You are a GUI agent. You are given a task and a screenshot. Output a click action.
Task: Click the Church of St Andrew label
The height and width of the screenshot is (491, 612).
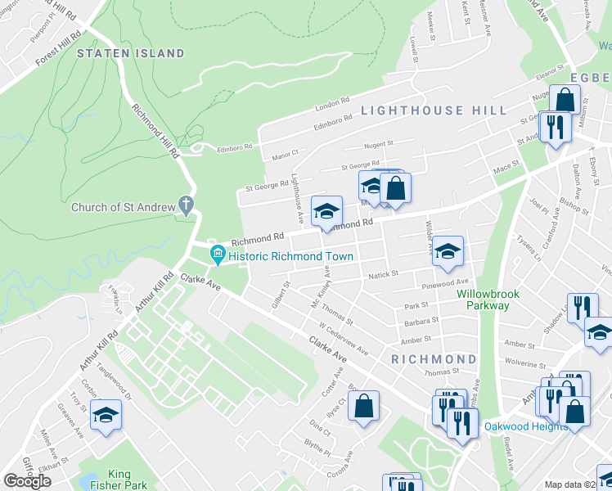click(123, 207)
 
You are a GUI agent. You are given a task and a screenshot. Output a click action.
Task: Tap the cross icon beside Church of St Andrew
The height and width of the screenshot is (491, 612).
click(187, 204)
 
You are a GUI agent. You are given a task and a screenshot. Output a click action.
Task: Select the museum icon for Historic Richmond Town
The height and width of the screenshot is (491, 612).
click(218, 255)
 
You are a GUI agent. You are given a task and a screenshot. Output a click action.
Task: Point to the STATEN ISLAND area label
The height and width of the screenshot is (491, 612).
click(131, 53)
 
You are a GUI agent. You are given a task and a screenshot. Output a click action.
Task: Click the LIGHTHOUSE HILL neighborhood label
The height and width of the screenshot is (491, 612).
click(434, 110)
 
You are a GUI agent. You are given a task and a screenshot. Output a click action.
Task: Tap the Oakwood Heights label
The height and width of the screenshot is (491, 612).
click(524, 426)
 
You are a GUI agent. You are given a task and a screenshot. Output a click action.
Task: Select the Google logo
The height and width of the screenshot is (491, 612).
click(27, 481)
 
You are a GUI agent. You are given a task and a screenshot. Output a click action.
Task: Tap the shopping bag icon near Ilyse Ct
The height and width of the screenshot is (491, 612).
click(363, 406)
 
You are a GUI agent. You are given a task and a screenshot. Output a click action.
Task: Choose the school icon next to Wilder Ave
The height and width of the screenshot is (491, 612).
click(448, 252)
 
